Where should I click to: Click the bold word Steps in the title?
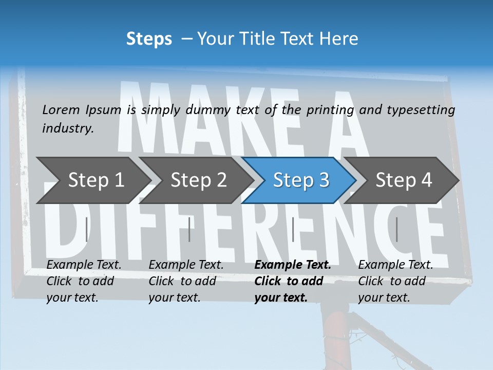(x=149, y=39)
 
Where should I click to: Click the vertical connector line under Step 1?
(x=86, y=229)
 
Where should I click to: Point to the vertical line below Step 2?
(x=189, y=229)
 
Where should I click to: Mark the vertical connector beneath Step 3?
(x=293, y=229)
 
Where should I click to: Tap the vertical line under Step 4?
(x=396, y=229)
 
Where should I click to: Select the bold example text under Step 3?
(x=293, y=281)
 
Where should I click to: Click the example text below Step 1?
(x=84, y=281)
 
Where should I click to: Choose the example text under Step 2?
(x=186, y=281)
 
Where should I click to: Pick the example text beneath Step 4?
(x=395, y=281)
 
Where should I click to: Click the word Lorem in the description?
(x=61, y=109)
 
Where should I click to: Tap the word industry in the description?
(x=68, y=128)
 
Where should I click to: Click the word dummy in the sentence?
(x=208, y=110)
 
